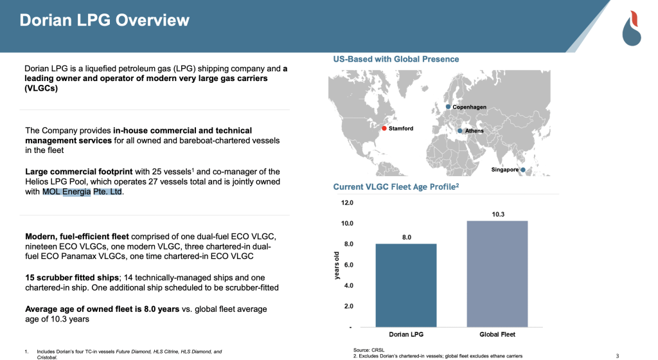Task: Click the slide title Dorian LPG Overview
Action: pyautogui.click(x=105, y=20)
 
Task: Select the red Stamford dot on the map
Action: pyautogui.click(x=384, y=129)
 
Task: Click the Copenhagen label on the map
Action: pyautogui.click(x=469, y=107)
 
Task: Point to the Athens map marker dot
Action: pyautogui.click(x=459, y=130)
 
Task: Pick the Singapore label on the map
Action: pyautogui.click(x=504, y=170)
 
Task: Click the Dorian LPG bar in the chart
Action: pyautogui.click(x=407, y=285)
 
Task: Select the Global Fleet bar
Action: pyautogui.click(x=497, y=274)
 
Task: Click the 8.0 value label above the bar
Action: pyautogui.click(x=407, y=237)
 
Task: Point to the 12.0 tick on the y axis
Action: pyautogui.click(x=347, y=203)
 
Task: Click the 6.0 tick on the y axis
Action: pyautogui.click(x=347, y=265)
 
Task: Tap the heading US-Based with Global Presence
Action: pyautogui.click(x=396, y=59)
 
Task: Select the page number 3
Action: pyautogui.click(x=617, y=355)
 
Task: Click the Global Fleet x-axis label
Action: pyautogui.click(x=497, y=334)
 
